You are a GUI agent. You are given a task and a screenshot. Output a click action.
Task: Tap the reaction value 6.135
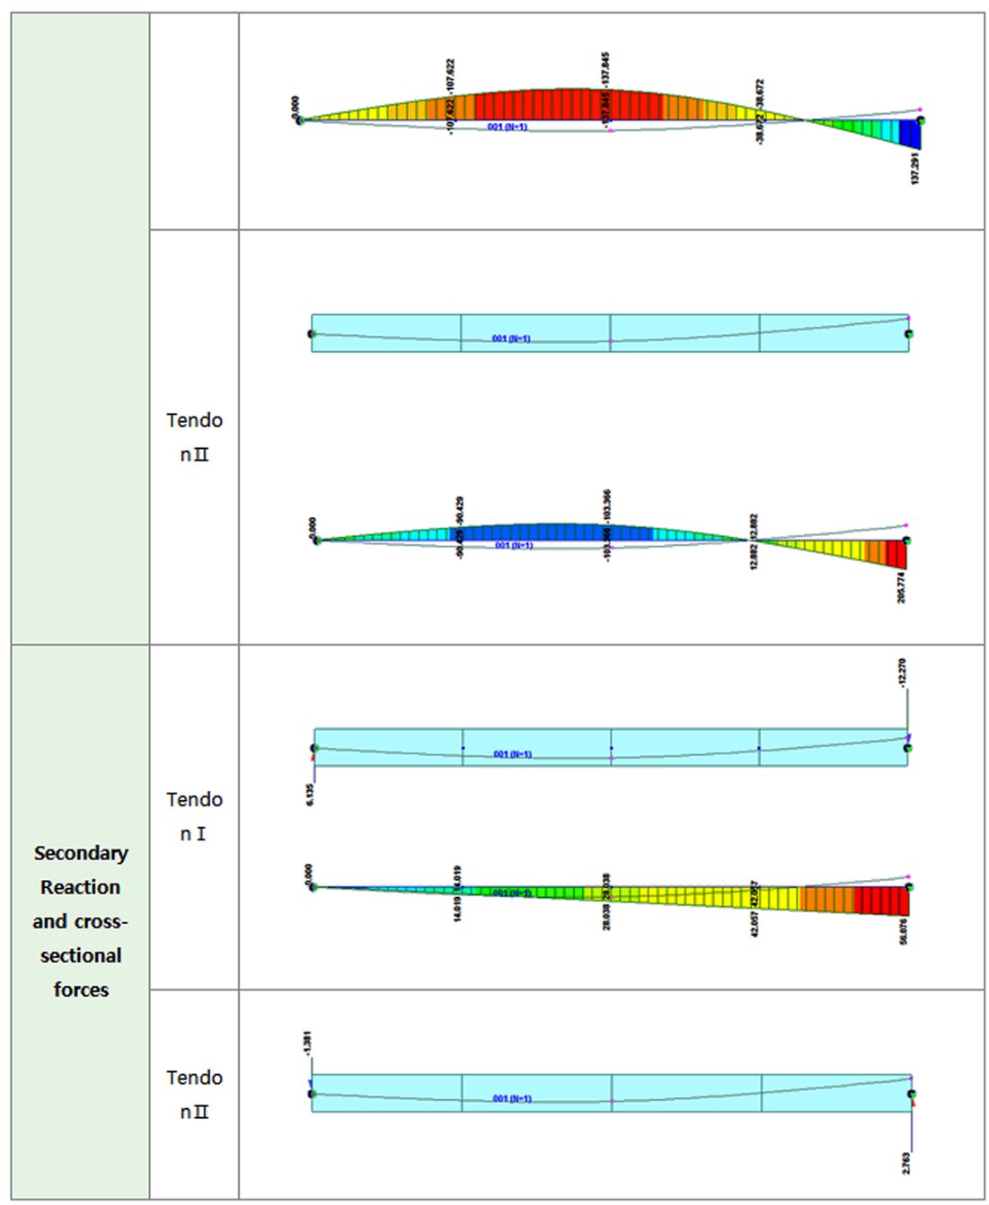(310, 794)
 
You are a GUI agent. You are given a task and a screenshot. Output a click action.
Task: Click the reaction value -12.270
(902, 673)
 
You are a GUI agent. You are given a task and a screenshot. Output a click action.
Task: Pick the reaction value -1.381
(307, 1043)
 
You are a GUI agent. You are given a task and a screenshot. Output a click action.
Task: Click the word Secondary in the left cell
(81, 853)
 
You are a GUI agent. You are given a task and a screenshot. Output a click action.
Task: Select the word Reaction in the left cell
(81, 887)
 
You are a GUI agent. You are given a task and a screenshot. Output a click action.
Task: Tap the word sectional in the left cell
(81, 955)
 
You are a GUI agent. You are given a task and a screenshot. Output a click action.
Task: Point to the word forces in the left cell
(81, 990)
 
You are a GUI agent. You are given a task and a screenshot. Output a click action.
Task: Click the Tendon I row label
(194, 816)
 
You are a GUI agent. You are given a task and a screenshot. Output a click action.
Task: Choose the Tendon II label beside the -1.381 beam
(194, 1095)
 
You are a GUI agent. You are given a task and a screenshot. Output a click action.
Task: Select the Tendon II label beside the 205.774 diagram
(194, 437)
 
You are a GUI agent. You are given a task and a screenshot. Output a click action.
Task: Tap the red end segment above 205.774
(896, 553)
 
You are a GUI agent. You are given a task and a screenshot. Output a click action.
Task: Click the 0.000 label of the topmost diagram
(296, 105)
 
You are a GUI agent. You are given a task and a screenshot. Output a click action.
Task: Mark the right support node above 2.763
(911, 1095)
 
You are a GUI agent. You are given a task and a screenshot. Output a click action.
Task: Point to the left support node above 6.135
(314, 748)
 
